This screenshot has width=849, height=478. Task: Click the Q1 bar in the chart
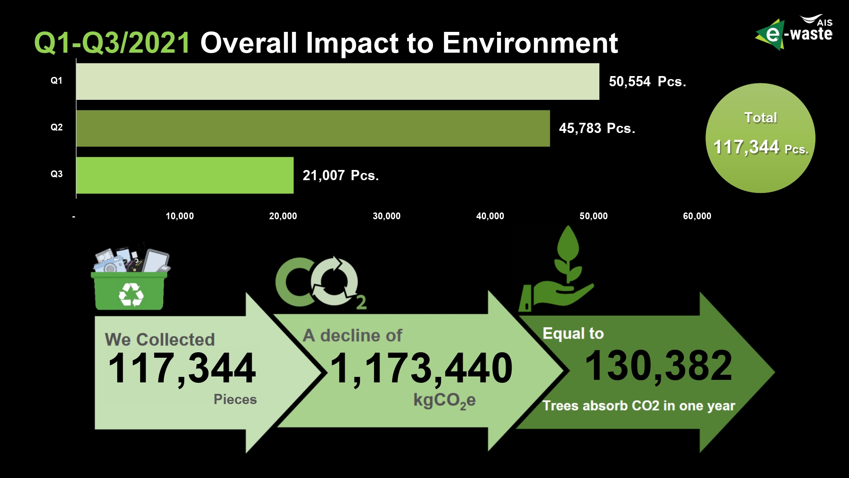[x=337, y=82]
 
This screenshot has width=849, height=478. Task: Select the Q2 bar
[x=313, y=128]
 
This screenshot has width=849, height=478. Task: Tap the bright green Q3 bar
[x=185, y=175]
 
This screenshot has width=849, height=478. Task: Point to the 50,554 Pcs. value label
[x=647, y=82]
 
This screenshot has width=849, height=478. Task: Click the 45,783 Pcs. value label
[x=597, y=128]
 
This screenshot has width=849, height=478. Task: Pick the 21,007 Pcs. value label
[x=340, y=175]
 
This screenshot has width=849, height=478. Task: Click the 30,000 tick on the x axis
[x=386, y=216]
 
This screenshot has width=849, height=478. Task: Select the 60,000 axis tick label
[x=697, y=216]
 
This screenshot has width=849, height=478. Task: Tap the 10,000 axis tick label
[x=180, y=216]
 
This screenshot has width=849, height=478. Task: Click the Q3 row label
[x=56, y=174]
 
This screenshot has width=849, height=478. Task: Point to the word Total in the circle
[x=761, y=118]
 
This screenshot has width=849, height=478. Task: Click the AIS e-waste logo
[x=794, y=32]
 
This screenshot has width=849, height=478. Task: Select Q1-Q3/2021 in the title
[x=112, y=43]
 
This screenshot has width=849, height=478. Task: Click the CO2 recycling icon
[x=321, y=282]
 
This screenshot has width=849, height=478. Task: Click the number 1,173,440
[x=421, y=368]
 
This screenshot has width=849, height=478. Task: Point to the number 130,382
[x=658, y=365]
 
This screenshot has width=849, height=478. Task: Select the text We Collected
[x=160, y=339]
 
